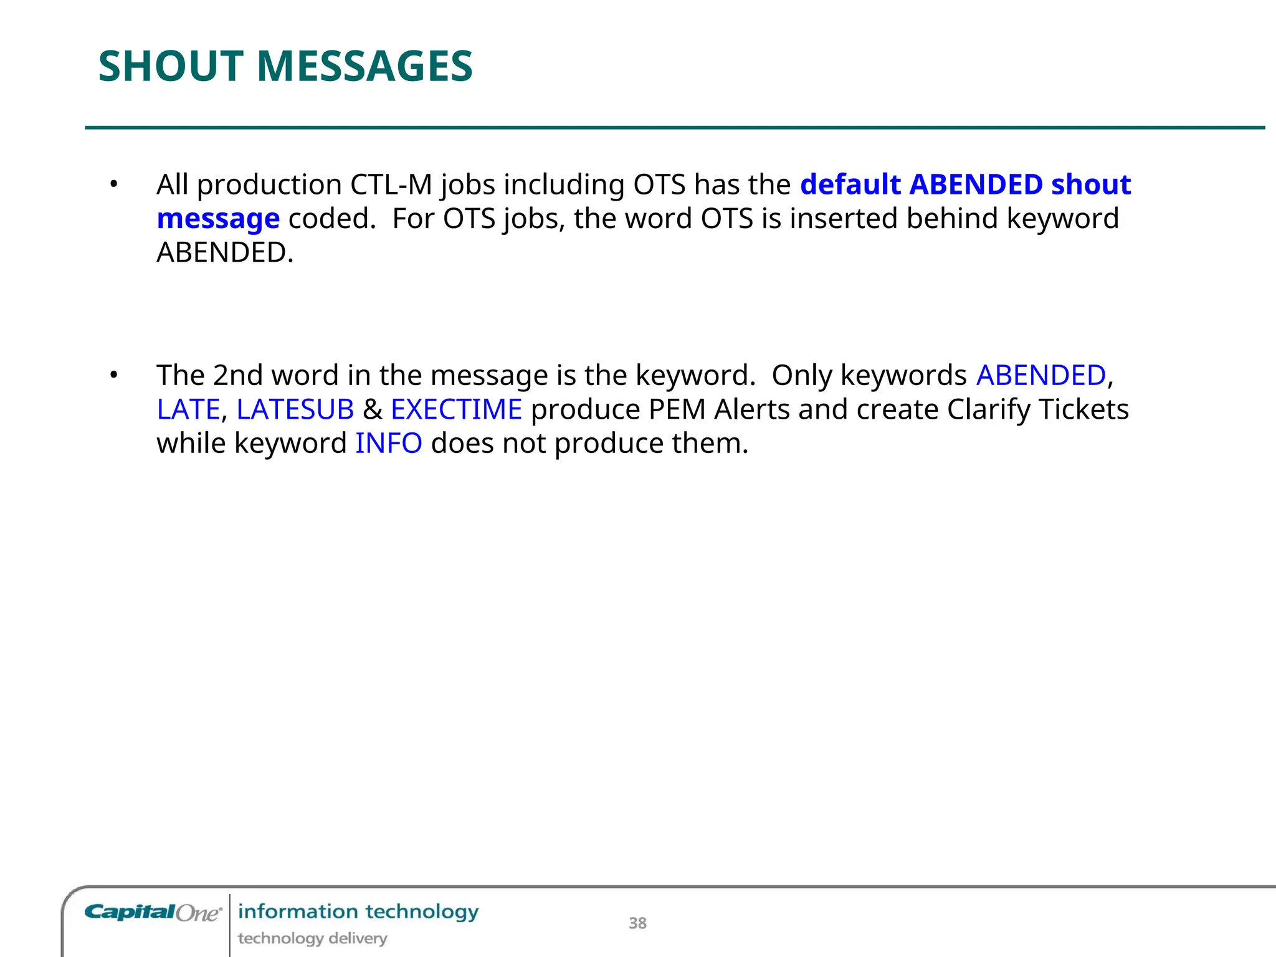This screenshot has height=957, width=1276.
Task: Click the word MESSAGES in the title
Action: coord(364,67)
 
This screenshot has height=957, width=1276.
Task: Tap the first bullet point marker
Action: coord(113,184)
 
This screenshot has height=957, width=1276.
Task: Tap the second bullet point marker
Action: coord(113,375)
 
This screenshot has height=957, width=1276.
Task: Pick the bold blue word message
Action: coord(218,219)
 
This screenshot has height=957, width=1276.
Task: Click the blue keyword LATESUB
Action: coord(295,409)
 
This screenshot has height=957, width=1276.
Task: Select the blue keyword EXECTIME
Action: coord(456,409)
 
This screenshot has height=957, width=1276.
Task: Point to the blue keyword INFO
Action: coord(389,444)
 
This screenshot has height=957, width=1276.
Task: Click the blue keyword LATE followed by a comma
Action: coord(188,409)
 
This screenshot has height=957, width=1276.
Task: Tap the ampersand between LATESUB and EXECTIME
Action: coord(373,409)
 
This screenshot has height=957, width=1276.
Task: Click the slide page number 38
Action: coord(637,923)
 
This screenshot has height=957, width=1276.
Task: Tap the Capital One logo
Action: coord(153,913)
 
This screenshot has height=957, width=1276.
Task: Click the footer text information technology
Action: coord(358,912)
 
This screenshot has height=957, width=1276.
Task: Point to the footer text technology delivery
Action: coord(312,938)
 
